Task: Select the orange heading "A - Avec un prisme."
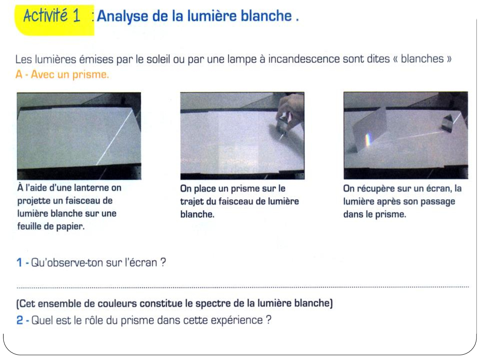pos(62,75)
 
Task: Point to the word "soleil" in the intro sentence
pos(158,59)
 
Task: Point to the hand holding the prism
pos(290,111)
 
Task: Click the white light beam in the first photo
pos(114,138)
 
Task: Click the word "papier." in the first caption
pos(70,227)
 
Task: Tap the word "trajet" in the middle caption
pos(192,201)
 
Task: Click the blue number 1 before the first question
pos(20,262)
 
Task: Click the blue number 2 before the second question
pos(20,320)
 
